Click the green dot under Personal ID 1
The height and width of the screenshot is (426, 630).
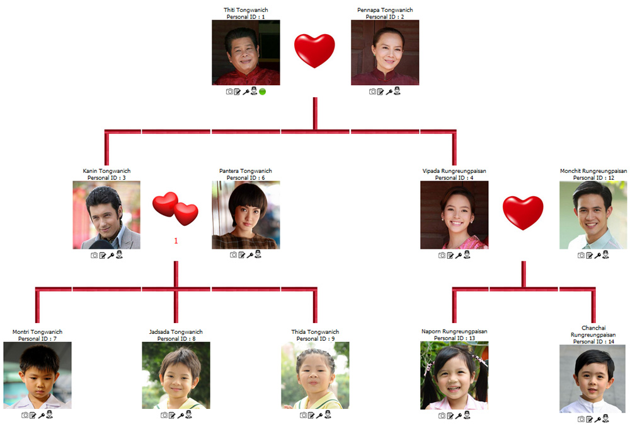[x=262, y=92]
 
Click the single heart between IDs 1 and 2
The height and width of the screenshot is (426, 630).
[x=314, y=50]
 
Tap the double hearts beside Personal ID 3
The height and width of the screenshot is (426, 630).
[x=175, y=208]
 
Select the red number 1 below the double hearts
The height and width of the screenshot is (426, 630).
[x=176, y=241]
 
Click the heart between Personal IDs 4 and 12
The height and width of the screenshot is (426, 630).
[x=523, y=213]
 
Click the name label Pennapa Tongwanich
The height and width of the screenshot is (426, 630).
[x=385, y=9]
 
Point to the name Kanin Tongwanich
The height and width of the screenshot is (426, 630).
[x=106, y=171]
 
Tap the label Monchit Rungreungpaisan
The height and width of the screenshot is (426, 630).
[x=593, y=171]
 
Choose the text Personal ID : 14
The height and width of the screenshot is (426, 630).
[x=593, y=341]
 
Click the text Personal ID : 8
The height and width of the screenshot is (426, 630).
[x=176, y=339]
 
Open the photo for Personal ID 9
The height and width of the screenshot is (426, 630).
[x=315, y=376]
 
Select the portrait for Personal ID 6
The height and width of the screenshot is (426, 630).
[x=246, y=215]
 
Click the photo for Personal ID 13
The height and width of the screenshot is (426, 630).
[x=454, y=376]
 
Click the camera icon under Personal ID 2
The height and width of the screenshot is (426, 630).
[x=372, y=92]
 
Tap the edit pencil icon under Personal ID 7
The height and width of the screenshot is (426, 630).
[x=33, y=415]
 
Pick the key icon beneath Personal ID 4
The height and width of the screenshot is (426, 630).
[x=459, y=255]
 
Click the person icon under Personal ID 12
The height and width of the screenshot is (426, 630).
[x=605, y=255]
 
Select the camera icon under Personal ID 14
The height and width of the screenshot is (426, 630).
[x=581, y=419]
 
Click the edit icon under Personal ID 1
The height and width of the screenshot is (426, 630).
[x=238, y=92]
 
